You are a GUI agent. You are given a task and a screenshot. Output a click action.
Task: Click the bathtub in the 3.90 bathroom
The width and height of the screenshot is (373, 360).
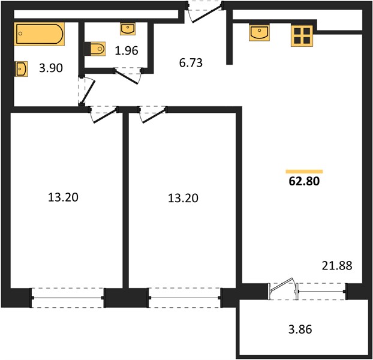click(39, 34)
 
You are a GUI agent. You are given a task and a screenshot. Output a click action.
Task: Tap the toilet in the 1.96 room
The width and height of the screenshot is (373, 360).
click(95, 49)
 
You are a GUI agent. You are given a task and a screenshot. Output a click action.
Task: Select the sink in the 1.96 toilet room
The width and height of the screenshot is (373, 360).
click(128, 29)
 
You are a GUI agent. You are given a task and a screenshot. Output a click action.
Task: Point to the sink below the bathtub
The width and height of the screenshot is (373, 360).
click(22, 69)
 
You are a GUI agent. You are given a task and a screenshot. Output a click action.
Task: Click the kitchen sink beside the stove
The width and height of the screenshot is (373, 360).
click(259, 32)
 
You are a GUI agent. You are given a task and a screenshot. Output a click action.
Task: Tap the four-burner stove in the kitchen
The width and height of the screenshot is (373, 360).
click(302, 35)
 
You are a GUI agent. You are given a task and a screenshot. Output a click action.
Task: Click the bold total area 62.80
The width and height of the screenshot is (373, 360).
click(304, 181)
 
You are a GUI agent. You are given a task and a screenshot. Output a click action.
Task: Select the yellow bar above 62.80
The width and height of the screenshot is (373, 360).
click(304, 172)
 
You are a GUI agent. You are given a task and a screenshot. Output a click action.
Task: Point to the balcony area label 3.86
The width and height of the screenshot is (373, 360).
click(300, 329)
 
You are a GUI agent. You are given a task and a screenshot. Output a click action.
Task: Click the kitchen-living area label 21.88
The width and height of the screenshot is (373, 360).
click(337, 266)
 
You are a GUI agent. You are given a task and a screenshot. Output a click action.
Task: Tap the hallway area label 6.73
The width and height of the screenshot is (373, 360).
click(191, 63)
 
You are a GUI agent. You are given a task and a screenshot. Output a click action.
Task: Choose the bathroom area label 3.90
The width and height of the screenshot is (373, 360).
click(51, 68)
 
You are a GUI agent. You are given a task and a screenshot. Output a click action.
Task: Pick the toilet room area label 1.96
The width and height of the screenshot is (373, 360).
click(127, 50)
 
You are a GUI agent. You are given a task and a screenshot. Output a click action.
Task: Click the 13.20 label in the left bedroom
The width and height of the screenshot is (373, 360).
click(63, 197)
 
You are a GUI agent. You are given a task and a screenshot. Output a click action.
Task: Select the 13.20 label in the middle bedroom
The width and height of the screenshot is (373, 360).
click(183, 198)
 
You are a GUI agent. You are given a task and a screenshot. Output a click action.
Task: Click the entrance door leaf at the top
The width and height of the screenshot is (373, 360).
click(207, 14)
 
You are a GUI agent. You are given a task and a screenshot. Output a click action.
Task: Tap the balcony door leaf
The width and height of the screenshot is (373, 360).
click(282, 284)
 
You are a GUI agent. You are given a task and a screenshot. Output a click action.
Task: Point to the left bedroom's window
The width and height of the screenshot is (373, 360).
click(68, 298)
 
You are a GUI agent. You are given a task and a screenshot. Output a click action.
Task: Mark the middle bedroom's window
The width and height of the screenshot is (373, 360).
click(184, 298)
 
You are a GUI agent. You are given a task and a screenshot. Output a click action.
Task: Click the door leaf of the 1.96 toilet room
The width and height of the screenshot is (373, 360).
click(127, 77)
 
